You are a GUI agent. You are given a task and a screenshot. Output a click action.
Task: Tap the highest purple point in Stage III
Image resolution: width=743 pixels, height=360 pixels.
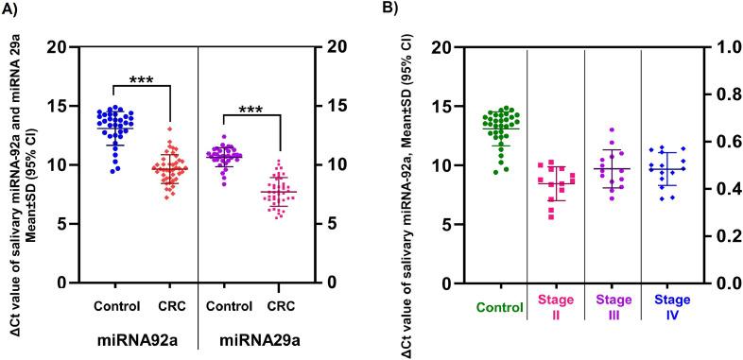pyautogui.click(x=612, y=129)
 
